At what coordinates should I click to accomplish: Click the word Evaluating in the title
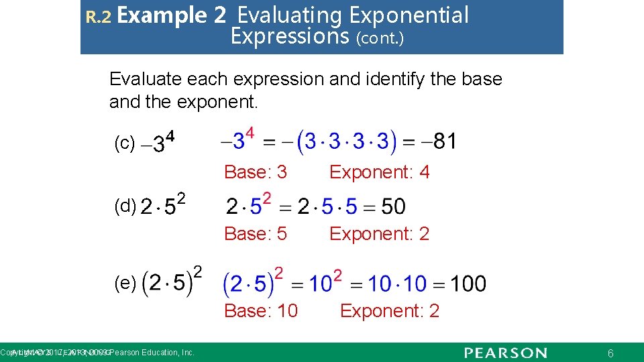tap(289, 15)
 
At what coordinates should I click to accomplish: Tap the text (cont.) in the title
tap(382, 38)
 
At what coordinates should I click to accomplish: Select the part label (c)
tap(125, 143)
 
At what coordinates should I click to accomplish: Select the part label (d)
tap(125, 206)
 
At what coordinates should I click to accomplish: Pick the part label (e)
tap(125, 284)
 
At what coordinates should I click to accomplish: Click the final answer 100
tap(468, 284)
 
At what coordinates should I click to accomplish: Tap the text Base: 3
tap(256, 172)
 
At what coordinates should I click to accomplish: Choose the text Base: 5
tap(256, 234)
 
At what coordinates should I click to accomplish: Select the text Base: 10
tap(261, 311)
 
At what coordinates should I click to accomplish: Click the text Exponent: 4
tap(379, 172)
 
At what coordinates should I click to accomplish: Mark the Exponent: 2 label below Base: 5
tap(379, 234)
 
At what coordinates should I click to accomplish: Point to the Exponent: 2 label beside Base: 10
tap(390, 311)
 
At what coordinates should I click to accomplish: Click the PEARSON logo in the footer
tap(505, 353)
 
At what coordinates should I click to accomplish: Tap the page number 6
tap(610, 353)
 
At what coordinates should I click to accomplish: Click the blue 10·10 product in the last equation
tap(396, 284)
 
